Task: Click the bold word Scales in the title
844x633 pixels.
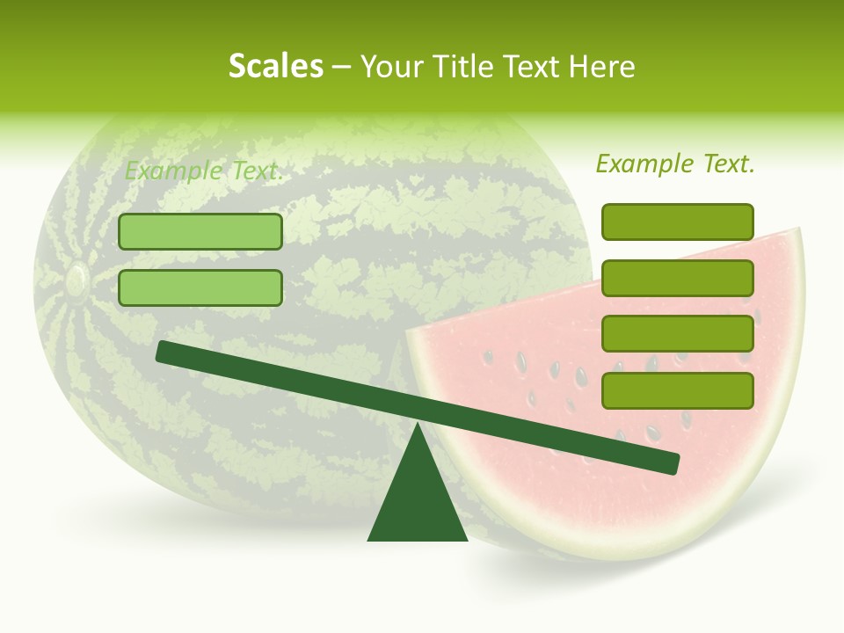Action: point(275,67)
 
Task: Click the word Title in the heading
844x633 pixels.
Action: point(463,67)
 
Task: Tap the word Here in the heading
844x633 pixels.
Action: point(601,67)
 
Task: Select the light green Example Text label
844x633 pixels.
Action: point(204,171)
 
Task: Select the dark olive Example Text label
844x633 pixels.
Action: point(675,164)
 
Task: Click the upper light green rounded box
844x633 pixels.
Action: point(200,231)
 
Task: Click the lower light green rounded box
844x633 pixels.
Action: point(200,287)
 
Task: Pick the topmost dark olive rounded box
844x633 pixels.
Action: point(677,222)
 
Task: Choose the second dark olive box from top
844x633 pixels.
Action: point(677,278)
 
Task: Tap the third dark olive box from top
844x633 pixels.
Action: point(677,334)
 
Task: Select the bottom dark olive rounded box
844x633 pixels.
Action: point(677,390)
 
